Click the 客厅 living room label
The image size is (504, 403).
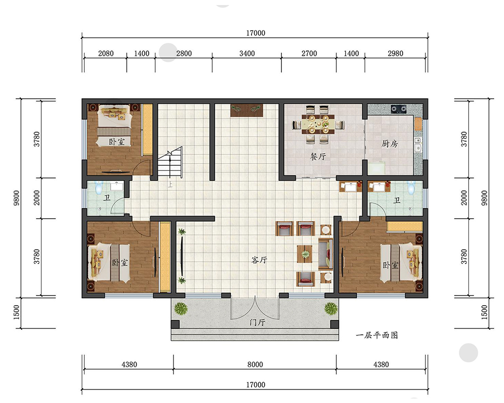coord(259,259)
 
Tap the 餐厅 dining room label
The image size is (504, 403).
coord(318,157)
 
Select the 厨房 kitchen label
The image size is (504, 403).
coord(390,144)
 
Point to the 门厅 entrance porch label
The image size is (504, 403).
coord(258,322)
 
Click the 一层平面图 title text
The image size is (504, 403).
coord(376,335)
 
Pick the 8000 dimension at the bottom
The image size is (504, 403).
coord(255,364)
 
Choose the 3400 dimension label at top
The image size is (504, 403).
coord(247,53)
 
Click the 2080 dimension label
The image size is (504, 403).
coord(106,53)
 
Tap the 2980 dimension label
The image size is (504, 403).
coord(395,53)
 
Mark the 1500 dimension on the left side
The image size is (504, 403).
coord(17,312)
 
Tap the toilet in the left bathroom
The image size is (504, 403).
coord(99,187)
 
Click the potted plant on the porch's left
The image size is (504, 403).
coord(181,308)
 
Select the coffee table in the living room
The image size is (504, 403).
coord(305,254)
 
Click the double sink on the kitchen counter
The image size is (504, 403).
coord(418,145)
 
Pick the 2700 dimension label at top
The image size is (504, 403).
coord(309,53)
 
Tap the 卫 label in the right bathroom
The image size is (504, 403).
coord(397,200)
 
